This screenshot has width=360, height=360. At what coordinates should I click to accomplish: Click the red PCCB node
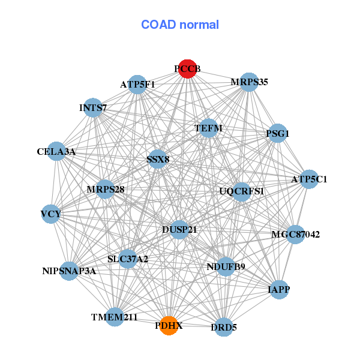187,69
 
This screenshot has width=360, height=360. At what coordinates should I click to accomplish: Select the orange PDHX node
169,326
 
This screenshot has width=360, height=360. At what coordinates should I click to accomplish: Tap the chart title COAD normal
180,25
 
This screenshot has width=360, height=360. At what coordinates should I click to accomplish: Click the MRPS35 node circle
248,82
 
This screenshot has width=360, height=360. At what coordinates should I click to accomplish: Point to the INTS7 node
93,108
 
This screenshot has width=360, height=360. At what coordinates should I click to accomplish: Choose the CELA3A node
58,152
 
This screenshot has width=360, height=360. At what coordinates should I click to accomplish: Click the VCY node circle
51,214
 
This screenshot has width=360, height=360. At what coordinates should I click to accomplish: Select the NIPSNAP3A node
69,271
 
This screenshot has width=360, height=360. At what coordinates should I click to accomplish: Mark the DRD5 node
223,328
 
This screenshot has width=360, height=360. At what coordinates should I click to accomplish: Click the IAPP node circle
278,290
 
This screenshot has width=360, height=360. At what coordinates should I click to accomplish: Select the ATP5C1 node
309,179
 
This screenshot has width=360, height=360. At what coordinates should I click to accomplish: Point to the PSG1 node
277,134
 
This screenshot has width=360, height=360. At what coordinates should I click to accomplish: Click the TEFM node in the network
209,128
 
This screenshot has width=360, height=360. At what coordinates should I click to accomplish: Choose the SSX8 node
158,160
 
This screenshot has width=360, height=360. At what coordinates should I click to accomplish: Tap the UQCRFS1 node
241,191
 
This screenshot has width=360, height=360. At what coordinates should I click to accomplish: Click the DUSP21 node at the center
179,229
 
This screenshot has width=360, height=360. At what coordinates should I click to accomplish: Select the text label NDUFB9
226,266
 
